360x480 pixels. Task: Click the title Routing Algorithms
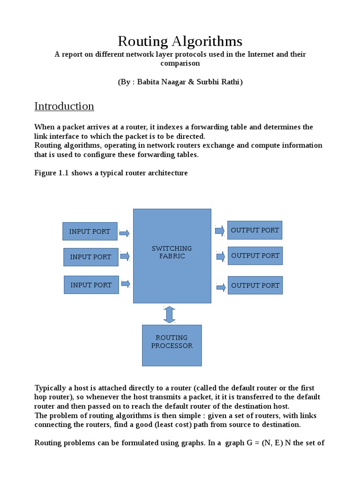[180, 41]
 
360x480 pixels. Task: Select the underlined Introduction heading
[64, 106]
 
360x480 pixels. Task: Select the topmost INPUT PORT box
[90, 231]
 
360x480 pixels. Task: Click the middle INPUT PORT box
[91, 257]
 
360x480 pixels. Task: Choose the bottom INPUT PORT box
[91, 285]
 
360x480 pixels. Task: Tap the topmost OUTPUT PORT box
[255, 230]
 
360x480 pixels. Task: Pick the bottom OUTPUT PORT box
[255, 285]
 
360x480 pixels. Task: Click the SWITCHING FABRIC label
[172, 252]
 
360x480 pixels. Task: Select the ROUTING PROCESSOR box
[172, 345]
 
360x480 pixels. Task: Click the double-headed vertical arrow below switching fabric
[169, 314]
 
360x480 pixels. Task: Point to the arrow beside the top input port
[125, 233]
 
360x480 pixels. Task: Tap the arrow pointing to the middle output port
[220, 256]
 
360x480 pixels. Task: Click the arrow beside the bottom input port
[126, 284]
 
